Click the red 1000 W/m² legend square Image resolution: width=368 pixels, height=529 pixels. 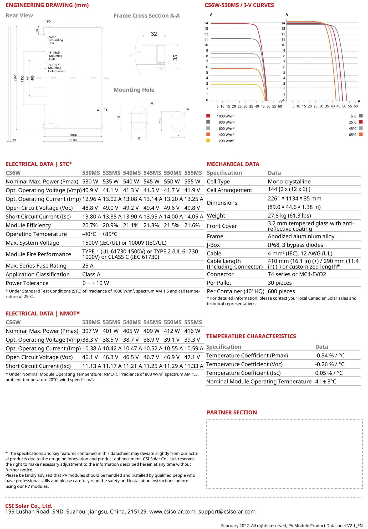click(x=208, y=116)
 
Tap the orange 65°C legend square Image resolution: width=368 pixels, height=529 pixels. click(x=361, y=134)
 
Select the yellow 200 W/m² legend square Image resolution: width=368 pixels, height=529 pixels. click(x=208, y=140)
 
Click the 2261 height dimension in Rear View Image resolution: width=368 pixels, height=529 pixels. click(x=15, y=78)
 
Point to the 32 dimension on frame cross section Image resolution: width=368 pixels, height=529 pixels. click(x=154, y=34)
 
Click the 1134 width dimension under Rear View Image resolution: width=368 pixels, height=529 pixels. click(x=73, y=140)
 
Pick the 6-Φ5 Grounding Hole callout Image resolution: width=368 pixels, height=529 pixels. click(x=55, y=40)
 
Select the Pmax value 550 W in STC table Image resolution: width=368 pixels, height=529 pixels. click(x=172, y=182)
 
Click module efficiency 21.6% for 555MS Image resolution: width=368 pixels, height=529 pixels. click(x=192, y=225)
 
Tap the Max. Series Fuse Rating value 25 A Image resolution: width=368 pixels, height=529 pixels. click(x=88, y=266)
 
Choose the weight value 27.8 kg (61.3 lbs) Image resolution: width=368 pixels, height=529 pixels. click(x=289, y=216)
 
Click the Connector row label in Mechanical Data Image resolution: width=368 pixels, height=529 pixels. click(x=220, y=274)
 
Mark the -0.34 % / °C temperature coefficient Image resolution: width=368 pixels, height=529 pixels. click(x=330, y=356)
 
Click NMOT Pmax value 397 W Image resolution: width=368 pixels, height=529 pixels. click(x=90, y=331)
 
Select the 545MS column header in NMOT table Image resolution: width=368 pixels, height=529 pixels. click(x=152, y=322)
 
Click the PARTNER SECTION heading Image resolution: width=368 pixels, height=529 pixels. click(x=232, y=413)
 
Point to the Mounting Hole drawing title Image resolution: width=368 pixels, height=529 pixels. click(x=134, y=90)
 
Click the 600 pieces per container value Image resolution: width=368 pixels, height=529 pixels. click(x=281, y=291)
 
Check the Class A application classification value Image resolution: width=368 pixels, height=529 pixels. click(x=91, y=274)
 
